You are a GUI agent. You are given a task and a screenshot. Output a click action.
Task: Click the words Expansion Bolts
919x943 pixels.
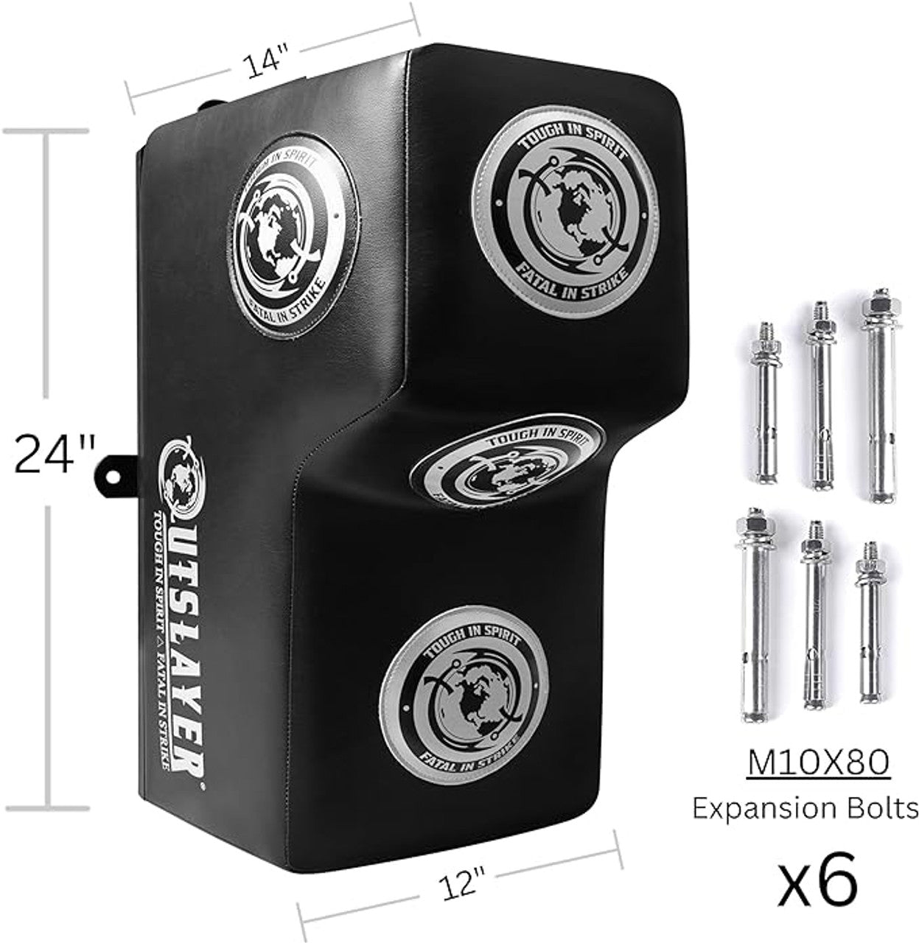click(x=806, y=809)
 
